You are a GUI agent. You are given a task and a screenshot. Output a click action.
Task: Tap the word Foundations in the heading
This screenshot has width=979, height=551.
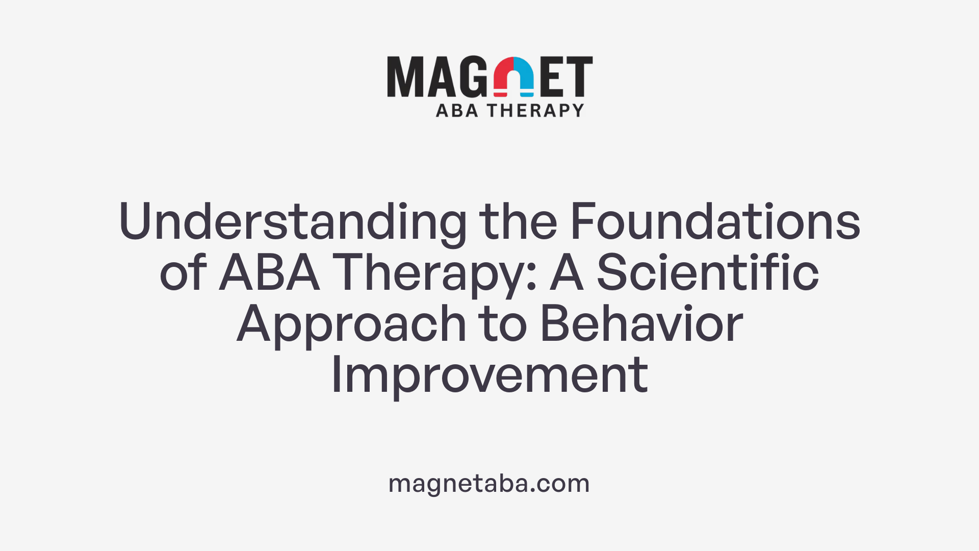[715, 222]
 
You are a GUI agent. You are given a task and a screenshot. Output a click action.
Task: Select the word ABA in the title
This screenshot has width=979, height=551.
[269, 273]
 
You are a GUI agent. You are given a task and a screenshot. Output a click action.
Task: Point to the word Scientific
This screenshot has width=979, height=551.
[707, 273]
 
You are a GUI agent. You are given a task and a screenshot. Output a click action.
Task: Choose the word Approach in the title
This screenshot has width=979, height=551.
[351, 324]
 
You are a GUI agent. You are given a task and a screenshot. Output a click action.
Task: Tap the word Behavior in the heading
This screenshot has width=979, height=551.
[641, 324]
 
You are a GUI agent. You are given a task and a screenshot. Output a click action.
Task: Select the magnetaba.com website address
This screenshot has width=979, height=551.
[489, 483]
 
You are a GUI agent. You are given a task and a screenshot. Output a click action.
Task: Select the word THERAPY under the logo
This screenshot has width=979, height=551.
[535, 110]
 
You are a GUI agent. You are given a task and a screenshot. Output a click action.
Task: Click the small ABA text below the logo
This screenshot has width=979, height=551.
[457, 110]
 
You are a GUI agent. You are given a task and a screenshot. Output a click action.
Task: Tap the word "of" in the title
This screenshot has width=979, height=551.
[183, 273]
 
